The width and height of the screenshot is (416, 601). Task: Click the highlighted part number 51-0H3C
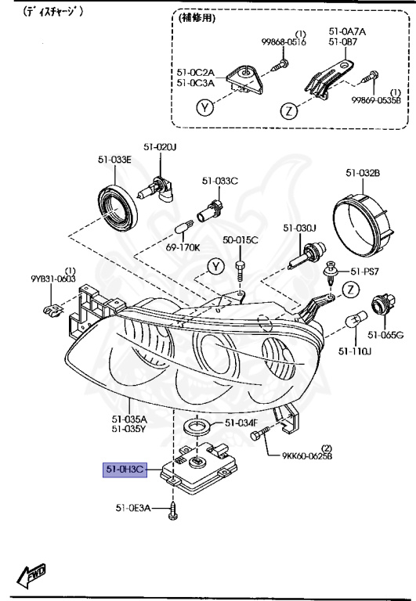tap(125, 470)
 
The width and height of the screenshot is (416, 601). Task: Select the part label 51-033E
tap(114, 160)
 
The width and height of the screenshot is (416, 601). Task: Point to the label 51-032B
tap(363, 173)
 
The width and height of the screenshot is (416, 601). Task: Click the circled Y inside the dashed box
tap(205, 108)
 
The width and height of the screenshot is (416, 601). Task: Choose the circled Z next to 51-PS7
tap(350, 290)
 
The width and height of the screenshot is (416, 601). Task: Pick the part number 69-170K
tap(183, 247)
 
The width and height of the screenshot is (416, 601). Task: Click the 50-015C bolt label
tap(241, 240)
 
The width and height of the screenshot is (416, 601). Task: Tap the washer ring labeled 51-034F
tap(196, 426)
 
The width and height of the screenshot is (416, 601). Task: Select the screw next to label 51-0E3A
tap(172, 510)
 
